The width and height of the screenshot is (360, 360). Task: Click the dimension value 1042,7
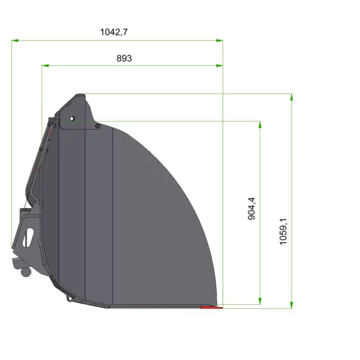[113, 32]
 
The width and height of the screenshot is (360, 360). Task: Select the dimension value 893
[124, 58]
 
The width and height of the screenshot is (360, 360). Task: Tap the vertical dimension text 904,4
[251, 208]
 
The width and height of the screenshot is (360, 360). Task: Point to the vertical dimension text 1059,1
[283, 232]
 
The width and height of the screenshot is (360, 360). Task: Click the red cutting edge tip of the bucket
[212, 307]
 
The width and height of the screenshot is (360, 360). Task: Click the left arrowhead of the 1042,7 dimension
[15, 41]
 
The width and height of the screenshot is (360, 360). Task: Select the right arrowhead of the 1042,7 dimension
[220, 41]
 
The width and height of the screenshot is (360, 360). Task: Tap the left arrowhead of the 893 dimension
[45, 65]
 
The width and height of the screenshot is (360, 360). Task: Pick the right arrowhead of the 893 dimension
[220, 65]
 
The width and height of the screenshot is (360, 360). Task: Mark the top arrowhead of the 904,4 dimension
[260, 124]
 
